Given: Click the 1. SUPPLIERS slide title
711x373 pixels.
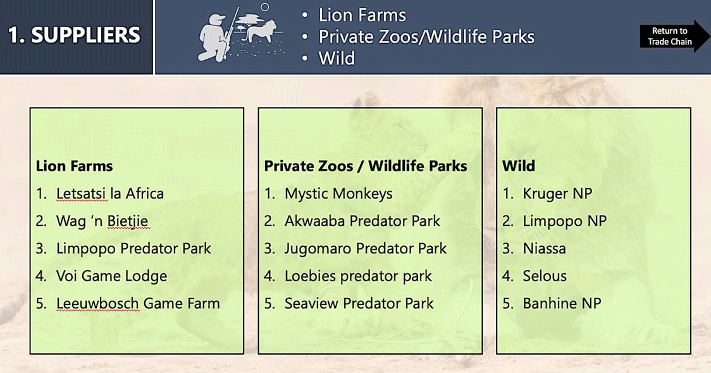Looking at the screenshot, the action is click(x=75, y=35).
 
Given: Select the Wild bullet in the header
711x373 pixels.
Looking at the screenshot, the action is click(x=337, y=58).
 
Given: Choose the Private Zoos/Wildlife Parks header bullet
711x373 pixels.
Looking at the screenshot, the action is click(x=426, y=37).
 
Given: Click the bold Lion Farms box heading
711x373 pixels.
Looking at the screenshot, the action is click(x=75, y=166).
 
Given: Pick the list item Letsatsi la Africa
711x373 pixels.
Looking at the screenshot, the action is click(x=109, y=193).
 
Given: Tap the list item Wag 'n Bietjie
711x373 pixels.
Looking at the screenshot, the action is click(x=102, y=221).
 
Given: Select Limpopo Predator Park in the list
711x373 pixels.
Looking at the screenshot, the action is click(x=133, y=248).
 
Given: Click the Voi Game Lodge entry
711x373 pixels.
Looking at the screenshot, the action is click(x=111, y=276).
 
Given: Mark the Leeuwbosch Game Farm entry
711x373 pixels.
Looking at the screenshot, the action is click(x=138, y=303).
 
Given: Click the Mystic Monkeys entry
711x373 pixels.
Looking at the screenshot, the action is click(x=338, y=194).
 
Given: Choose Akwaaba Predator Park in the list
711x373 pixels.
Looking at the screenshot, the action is click(x=362, y=221).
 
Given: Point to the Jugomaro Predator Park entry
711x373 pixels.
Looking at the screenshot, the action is click(x=366, y=249).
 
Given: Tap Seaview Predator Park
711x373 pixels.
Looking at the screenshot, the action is click(x=359, y=303).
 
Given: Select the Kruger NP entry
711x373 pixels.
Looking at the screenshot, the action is click(x=557, y=194).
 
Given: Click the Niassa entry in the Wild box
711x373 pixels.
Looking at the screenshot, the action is click(x=544, y=248).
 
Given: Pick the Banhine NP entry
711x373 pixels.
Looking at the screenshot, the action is click(x=562, y=303).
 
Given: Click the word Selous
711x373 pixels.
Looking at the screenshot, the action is click(x=545, y=276).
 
